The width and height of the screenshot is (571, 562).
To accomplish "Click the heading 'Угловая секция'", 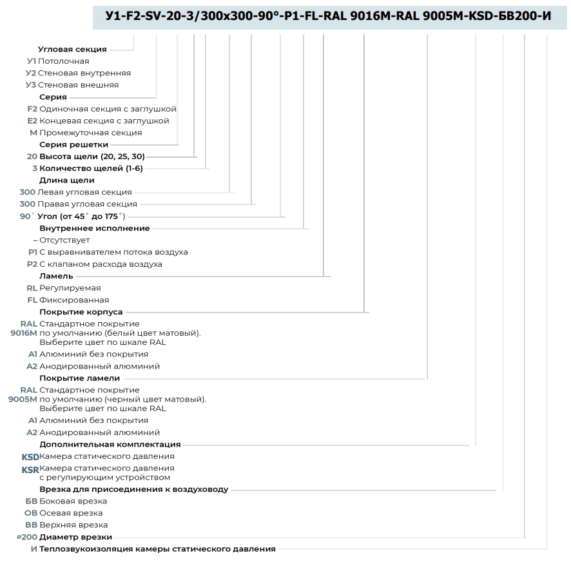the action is pos(72,49).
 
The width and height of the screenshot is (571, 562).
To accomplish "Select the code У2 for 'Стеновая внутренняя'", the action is pos(31,73).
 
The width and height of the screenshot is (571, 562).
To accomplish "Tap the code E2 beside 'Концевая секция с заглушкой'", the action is pos(32,121).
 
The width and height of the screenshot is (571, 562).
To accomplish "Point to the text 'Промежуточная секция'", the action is pos(91,133).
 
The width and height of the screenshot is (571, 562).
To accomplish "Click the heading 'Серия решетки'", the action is pos(74,144).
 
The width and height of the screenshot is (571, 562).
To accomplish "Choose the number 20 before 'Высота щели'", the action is pos(32,156).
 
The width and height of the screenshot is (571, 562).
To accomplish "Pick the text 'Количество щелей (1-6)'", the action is pos(91,168).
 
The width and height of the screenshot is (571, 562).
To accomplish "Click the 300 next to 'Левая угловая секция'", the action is pos(27,192).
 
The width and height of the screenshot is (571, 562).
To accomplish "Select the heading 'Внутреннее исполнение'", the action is pos(95,228).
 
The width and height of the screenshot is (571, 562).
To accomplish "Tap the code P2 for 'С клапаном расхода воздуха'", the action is pos(32,264).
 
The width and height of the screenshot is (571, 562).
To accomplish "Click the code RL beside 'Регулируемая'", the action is pos(32,287).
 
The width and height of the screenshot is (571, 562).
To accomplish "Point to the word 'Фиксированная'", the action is pos(74,300).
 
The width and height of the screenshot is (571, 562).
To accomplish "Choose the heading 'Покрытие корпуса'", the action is pos(81,312).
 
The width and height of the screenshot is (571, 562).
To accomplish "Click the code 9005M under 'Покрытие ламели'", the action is pos(23,399).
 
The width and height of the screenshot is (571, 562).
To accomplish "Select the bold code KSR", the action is pos(30,470).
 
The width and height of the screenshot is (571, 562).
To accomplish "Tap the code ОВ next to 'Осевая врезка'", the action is pos(31,513).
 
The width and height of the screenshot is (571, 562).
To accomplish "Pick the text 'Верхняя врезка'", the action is pos(73,525).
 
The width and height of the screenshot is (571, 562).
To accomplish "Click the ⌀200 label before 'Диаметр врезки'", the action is pos(27,537).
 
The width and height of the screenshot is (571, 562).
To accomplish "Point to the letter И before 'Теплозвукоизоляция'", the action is pos(34,549).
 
